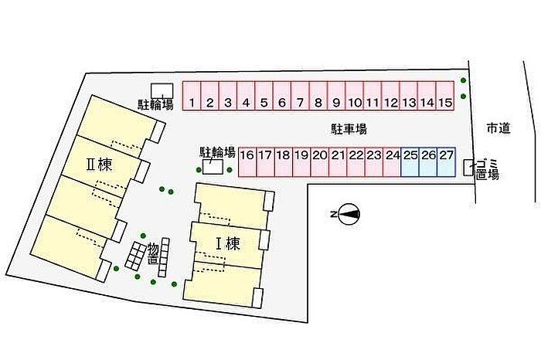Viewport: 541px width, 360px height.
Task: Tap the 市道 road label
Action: [x=498, y=129]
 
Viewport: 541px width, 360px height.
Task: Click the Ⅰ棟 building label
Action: [x=227, y=244]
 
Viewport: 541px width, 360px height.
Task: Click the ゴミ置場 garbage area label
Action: [x=487, y=170]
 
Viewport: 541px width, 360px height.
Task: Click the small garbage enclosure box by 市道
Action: [x=468, y=167]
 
